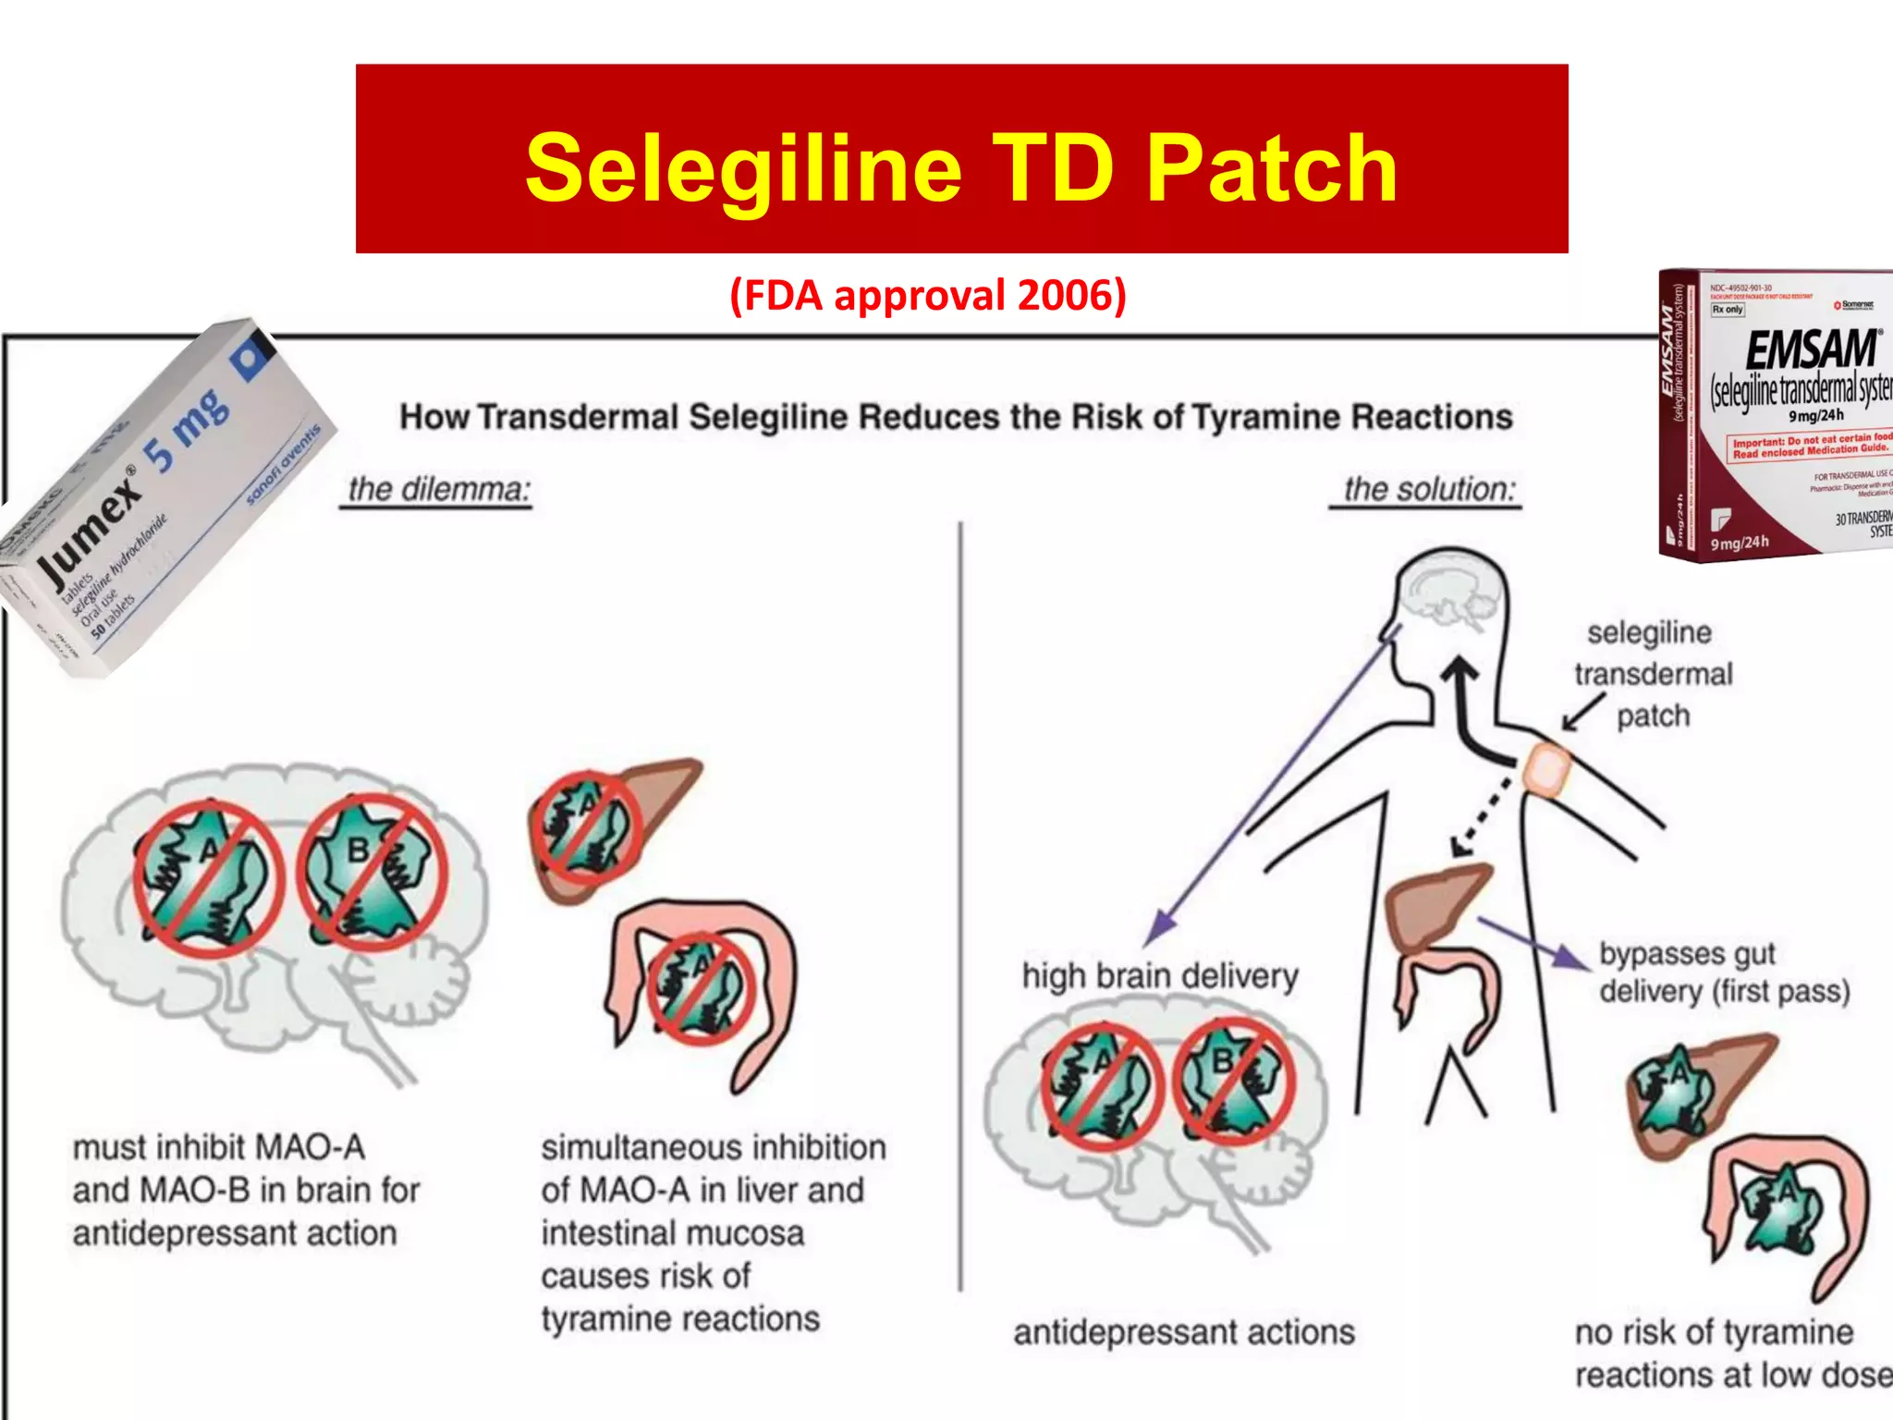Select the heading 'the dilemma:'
click(438, 489)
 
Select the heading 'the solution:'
click(1429, 489)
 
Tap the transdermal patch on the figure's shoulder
click(1546, 769)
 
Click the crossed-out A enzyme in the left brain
click(208, 878)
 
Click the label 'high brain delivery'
click(1160, 976)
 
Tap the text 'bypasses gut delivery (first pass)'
click(1724, 973)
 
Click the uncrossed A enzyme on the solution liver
click(1673, 1091)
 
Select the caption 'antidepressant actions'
click(1183, 1332)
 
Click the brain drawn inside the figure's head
click(1447, 592)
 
